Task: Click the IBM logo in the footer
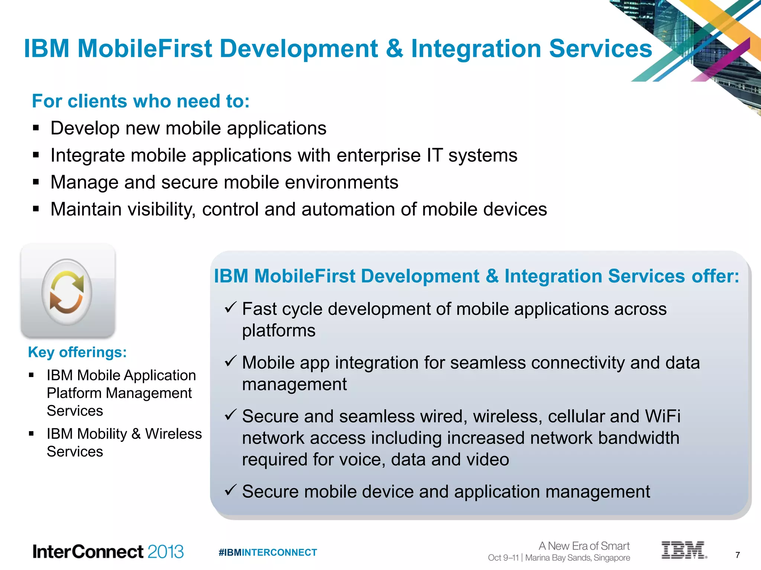coord(683,550)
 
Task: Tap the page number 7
coord(738,555)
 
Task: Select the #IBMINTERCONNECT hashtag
coord(268,553)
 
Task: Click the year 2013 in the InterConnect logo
coord(165,552)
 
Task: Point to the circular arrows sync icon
coord(67,292)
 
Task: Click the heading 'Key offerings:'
coord(77,352)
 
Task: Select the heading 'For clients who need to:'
coord(141,101)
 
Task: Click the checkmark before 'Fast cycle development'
coord(230,307)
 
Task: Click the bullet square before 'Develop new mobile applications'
coord(36,128)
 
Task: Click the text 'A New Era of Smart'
coord(584,546)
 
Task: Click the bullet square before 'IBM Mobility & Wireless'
coord(31,433)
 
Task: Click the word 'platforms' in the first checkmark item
coord(279,331)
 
